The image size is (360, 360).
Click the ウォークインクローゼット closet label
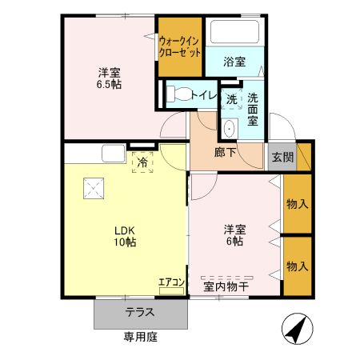pyautogui.click(x=180, y=46)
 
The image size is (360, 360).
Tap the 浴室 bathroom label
pyautogui.click(x=234, y=62)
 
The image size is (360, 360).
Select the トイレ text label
pyautogui.click(x=205, y=94)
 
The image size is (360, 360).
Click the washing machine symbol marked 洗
pyautogui.click(x=231, y=100)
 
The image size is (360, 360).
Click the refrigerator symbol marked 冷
pyautogui.click(x=143, y=162)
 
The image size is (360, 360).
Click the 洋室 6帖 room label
pyautogui.click(x=234, y=236)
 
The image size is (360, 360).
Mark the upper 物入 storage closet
pyautogui.click(x=297, y=204)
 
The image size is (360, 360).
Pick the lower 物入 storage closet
pyautogui.click(x=297, y=266)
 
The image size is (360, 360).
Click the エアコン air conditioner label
pyautogui.click(x=171, y=282)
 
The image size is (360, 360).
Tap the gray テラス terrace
pyautogui.click(x=140, y=313)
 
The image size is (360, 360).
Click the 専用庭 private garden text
pyautogui.click(x=140, y=337)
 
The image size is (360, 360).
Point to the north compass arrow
pyautogui.click(x=296, y=328)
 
